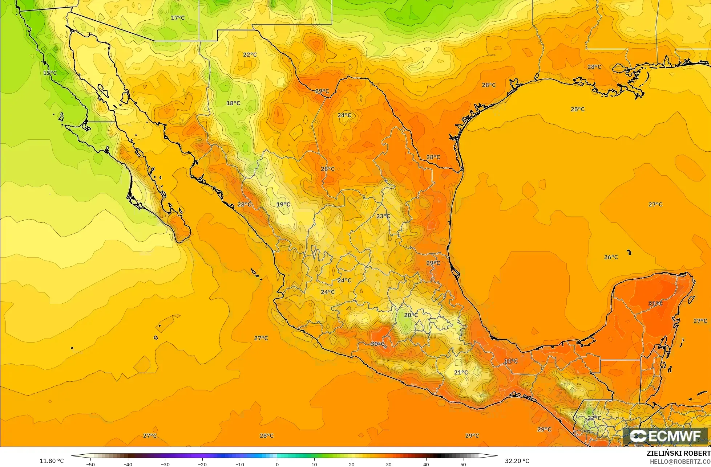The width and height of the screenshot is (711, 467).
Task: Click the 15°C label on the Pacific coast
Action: click(50, 73)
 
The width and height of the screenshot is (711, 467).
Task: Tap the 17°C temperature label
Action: click(178, 18)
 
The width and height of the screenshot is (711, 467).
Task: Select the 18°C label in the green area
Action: click(233, 103)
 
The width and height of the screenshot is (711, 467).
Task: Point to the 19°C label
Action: click(283, 204)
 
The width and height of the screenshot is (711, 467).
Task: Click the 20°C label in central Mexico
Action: click(411, 315)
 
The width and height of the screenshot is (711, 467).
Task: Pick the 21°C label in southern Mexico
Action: click(461, 372)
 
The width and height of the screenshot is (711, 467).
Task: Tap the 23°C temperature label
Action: click(383, 216)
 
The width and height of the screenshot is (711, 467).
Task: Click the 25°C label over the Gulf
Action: click(578, 109)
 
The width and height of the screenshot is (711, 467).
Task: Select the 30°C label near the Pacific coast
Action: click(377, 344)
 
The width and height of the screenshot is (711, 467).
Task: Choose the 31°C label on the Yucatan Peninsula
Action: click(655, 303)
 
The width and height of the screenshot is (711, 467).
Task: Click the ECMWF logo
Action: click(665, 436)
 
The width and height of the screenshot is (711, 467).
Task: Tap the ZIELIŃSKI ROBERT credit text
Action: click(678, 453)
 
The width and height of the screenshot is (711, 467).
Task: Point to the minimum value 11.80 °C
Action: click(52, 461)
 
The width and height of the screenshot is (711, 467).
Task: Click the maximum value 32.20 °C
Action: click(517, 461)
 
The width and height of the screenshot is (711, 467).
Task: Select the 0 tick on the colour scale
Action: click(277, 464)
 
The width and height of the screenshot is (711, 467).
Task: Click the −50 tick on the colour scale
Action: click(90, 464)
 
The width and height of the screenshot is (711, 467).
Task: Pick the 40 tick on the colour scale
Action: click(426, 464)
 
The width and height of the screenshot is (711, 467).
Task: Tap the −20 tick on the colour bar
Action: click(202, 464)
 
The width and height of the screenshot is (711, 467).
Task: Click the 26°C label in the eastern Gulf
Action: click(611, 257)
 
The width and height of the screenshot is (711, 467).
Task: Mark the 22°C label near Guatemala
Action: click(594, 418)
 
